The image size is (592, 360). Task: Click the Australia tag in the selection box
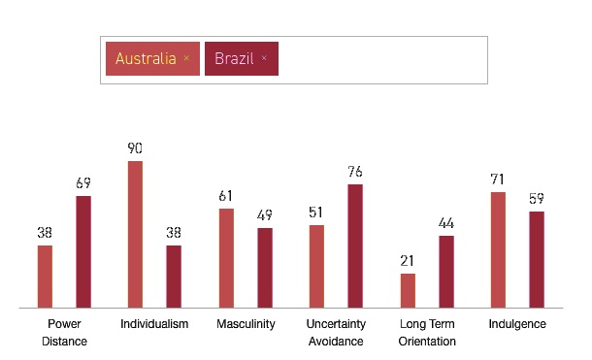point(146,58)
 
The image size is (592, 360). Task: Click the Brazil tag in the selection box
point(234,58)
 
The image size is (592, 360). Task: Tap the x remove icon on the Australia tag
point(186,58)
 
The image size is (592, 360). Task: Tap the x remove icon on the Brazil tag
point(264,58)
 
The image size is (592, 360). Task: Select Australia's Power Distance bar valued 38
point(45,277)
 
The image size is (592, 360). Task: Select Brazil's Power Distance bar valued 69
point(83,252)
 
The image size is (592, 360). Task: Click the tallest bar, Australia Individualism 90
point(135,235)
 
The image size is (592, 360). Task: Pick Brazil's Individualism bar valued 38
point(174,277)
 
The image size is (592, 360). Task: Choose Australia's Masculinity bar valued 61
point(226,258)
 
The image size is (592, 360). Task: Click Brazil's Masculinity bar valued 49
point(265,268)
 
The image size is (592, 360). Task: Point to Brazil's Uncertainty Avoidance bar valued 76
point(355,246)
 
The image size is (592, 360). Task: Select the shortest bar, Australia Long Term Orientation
point(408,290)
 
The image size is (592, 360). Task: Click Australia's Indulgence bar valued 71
point(498,250)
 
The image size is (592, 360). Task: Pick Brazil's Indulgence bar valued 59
point(537,259)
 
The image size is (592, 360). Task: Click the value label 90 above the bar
point(135,148)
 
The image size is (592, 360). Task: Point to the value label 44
point(446,223)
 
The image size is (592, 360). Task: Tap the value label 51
point(316,213)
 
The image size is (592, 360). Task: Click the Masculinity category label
point(246,324)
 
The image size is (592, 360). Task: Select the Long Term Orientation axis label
point(427,332)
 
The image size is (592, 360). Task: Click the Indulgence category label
point(517,324)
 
